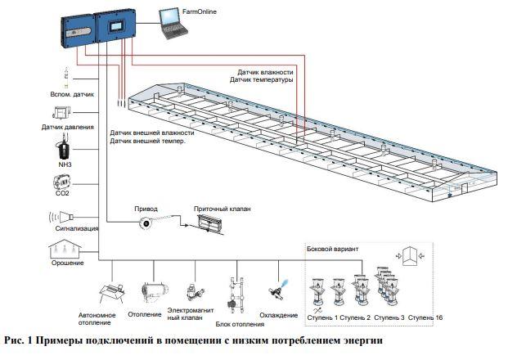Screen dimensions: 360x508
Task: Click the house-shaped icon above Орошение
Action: (62, 248)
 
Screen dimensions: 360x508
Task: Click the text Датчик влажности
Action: (264, 71)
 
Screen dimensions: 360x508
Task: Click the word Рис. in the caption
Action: (16, 340)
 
